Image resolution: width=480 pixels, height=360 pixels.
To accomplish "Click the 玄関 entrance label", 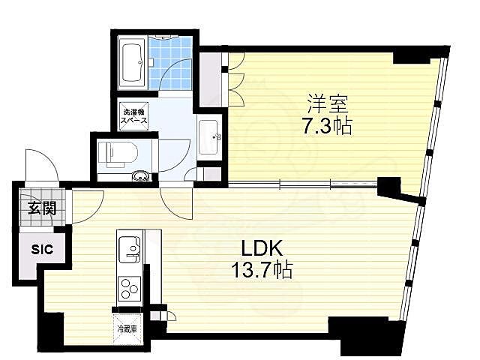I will click(x=42, y=209).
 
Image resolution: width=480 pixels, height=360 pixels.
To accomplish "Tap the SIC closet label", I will click(x=42, y=250).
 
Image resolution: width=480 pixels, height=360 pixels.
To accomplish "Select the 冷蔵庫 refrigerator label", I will click(x=126, y=328).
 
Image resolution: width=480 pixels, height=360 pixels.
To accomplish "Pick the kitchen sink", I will click(x=129, y=249).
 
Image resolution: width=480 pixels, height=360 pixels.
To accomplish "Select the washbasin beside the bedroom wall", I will click(x=209, y=136).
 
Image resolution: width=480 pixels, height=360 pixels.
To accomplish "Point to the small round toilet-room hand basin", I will click(x=139, y=178).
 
